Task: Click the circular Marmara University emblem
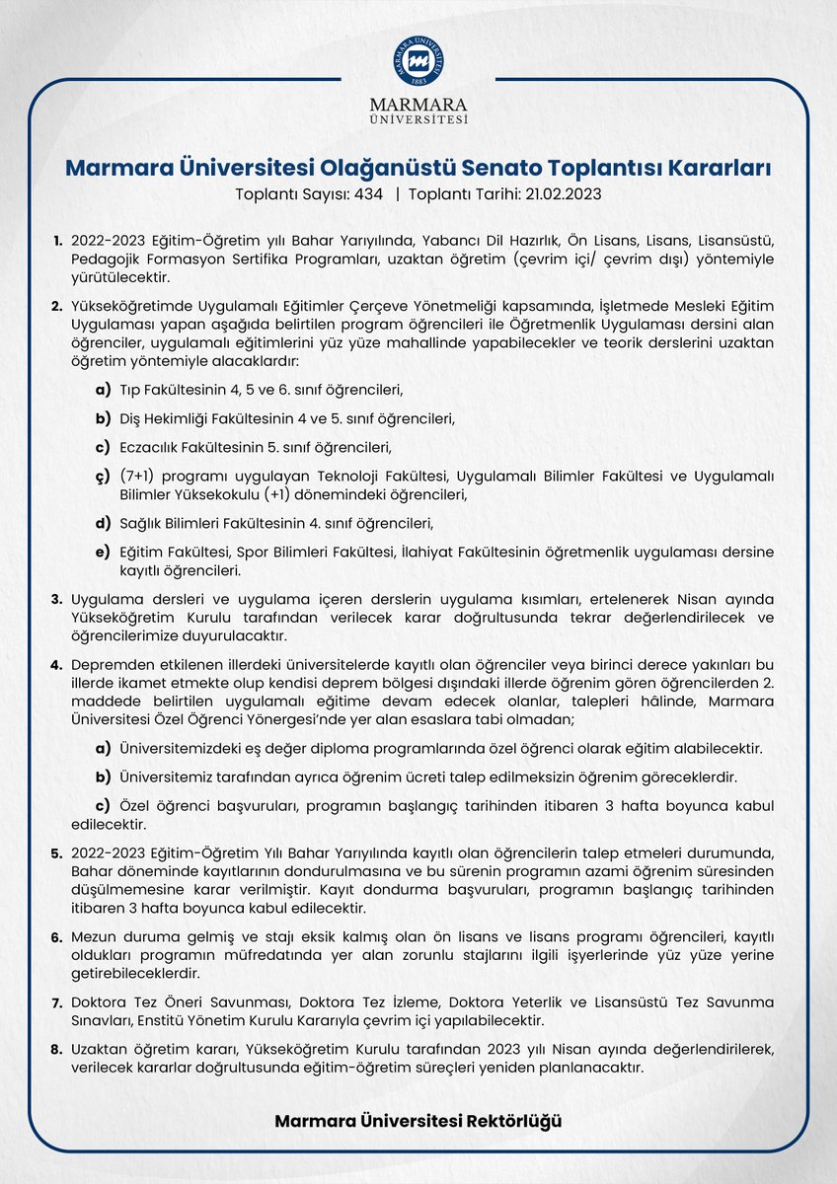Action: point(418,61)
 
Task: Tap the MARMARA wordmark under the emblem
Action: point(418,104)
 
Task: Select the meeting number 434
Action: point(368,194)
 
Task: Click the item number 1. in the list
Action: point(57,241)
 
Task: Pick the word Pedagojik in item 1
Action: point(104,259)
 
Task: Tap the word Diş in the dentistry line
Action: point(130,418)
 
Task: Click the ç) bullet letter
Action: point(102,477)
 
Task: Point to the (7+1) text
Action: point(139,477)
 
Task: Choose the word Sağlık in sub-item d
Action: point(141,523)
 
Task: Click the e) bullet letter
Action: point(102,552)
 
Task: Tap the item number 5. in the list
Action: point(57,852)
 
